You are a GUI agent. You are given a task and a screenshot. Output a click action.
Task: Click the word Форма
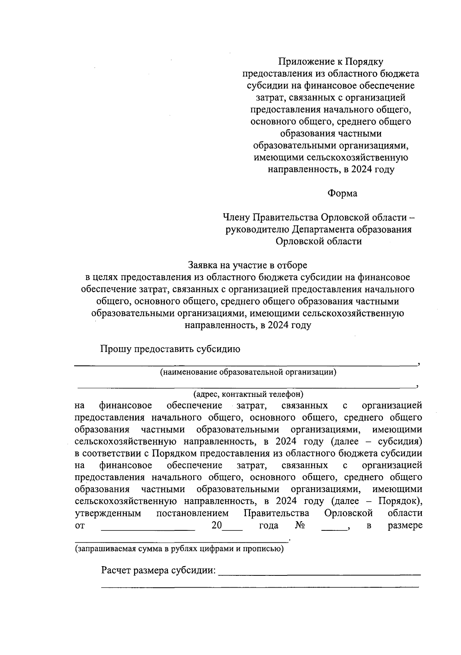[x=342, y=193]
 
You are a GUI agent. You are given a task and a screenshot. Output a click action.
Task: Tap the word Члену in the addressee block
[x=236, y=218]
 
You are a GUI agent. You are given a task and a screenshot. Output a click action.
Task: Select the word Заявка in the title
[x=202, y=265]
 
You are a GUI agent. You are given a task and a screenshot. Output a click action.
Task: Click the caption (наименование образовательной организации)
[x=248, y=372]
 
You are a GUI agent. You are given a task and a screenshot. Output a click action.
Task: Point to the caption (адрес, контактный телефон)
[x=248, y=394]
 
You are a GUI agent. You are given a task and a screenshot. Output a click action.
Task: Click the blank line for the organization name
[x=246, y=363]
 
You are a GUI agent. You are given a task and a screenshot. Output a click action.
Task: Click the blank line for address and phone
[x=246, y=386]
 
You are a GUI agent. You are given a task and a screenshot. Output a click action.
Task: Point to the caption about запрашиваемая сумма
[x=179, y=549]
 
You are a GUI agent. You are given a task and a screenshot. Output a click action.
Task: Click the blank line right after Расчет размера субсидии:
[x=319, y=574]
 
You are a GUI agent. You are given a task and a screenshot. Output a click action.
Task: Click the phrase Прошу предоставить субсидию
[x=170, y=349]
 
